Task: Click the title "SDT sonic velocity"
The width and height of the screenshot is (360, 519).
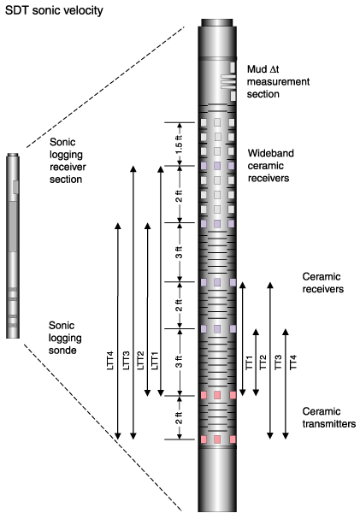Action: pyautogui.click(x=54, y=10)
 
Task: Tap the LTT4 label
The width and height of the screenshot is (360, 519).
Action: pyautogui.click(x=110, y=361)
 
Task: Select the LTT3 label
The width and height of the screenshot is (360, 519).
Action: pyautogui.click(x=126, y=361)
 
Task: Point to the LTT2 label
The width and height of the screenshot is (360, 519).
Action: pyautogui.click(x=140, y=361)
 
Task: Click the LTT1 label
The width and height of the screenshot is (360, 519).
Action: pyautogui.click(x=155, y=361)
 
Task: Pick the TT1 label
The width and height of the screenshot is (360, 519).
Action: pyautogui.click(x=249, y=363)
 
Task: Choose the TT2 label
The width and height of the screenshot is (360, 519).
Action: pyautogui.click(x=263, y=363)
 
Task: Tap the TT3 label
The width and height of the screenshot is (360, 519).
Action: pyautogui.click(x=278, y=363)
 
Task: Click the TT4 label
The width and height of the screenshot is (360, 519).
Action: pyautogui.click(x=293, y=363)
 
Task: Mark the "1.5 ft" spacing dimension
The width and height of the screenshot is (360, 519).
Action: pyautogui.click(x=179, y=144)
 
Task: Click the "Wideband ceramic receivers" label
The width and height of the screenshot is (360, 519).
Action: pyautogui.click(x=270, y=166)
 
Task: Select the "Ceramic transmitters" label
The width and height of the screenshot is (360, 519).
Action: pyautogui.click(x=329, y=418)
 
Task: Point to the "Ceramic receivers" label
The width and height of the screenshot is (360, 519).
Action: pyautogui.click(x=323, y=283)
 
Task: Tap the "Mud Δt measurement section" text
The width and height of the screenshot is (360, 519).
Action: pyautogui.click(x=278, y=82)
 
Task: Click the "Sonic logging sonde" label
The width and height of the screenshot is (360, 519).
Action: pyautogui.click(x=65, y=338)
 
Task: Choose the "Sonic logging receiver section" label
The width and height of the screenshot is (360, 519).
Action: pyautogui.click(x=68, y=161)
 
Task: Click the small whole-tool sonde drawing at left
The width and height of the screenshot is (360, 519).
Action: pyautogui.click(x=13, y=245)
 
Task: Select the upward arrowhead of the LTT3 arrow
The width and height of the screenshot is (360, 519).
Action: pyautogui.click(x=133, y=168)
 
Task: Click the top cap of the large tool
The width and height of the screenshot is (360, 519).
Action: pyautogui.click(x=217, y=23)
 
